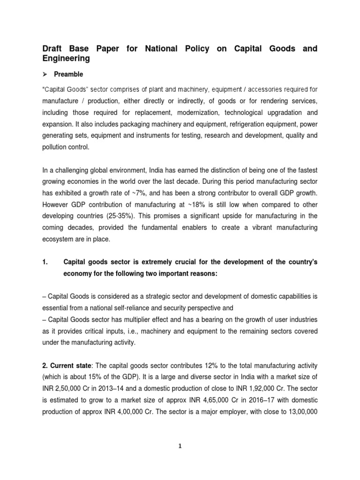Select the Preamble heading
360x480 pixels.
click(68, 74)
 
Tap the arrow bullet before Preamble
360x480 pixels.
click(45, 74)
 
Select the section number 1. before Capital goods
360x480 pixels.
click(46, 262)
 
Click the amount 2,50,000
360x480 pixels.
click(70, 389)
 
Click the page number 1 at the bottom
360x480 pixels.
click(180, 447)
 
